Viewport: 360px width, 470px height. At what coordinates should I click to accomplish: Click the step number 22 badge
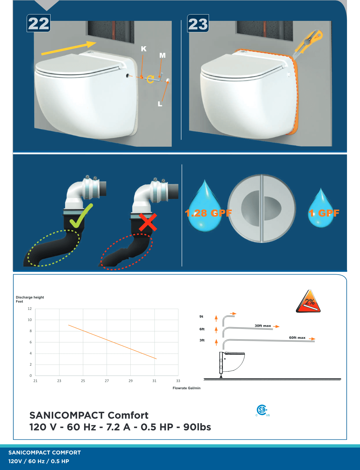(38, 23)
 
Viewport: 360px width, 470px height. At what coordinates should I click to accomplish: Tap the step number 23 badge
(198, 23)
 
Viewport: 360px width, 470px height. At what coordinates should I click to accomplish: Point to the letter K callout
(144, 49)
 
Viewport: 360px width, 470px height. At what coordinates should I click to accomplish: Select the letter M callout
(162, 55)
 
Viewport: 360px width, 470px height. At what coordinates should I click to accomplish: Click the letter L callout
(160, 104)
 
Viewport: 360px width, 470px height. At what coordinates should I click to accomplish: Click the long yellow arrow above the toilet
(69, 48)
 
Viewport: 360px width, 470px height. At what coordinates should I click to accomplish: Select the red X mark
(148, 222)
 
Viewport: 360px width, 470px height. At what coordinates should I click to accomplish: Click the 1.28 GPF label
(208, 213)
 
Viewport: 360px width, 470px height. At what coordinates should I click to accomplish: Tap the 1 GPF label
(324, 213)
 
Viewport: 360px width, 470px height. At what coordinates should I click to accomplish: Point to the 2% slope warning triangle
(308, 301)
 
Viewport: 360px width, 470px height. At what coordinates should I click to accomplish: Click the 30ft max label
(263, 326)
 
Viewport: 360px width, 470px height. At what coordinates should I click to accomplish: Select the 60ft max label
(297, 338)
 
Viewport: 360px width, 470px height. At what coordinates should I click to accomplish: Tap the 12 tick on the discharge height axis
(30, 309)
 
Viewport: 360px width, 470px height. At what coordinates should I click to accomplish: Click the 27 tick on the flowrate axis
(107, 381)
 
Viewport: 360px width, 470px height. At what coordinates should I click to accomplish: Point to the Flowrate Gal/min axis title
(186, 388)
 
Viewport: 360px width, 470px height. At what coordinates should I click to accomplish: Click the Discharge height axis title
(30, 299)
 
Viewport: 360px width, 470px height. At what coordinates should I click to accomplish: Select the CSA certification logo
(262, 410)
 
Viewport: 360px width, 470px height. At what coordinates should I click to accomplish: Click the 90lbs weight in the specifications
(197, 427)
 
